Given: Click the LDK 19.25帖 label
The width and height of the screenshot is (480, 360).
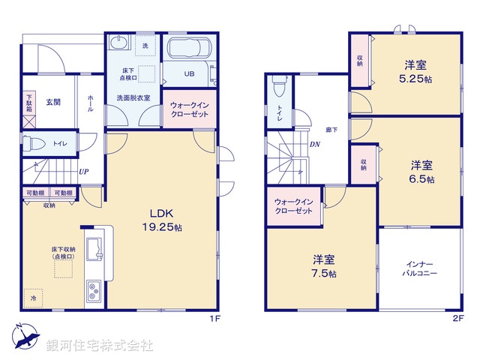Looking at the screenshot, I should (x=161, y=218).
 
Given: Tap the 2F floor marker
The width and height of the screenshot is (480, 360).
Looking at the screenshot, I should (x=457, y=319).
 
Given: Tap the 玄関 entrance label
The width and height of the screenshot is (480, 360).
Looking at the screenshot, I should (x=52, y=102).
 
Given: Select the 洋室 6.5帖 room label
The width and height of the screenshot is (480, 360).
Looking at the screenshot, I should (x=421, y=171).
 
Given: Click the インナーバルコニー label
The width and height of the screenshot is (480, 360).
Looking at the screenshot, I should (x=421, y=268).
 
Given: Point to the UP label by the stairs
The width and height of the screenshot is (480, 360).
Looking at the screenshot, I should (x=85, y=171).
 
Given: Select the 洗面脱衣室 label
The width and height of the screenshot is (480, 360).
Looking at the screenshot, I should (x=133, y=97).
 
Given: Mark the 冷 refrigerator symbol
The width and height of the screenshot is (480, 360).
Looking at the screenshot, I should (x=33, y=299).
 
